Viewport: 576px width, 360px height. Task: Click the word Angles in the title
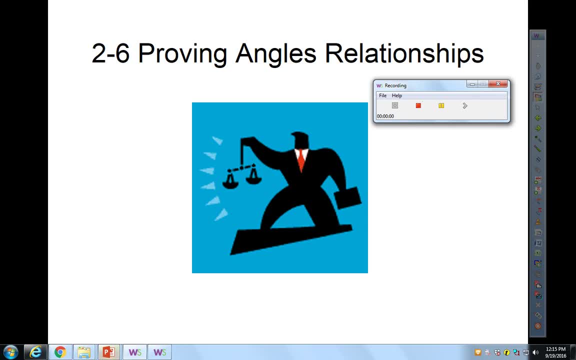tap(275, 53)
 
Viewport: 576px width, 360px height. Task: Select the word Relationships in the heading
tap(404, 53)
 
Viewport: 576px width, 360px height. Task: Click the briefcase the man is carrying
tap(348, 198)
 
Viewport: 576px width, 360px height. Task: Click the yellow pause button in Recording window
tap(441, 105)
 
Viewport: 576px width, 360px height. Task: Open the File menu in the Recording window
tap(382, 95)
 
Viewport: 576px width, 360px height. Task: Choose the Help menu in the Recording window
tap(396, 95)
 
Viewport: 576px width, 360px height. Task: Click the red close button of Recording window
tap(498, 84)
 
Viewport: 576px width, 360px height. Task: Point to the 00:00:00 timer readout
tap(385, 116)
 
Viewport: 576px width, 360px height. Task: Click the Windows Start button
tap(10, 352)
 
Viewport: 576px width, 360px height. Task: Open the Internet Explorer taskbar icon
tap(35, 352)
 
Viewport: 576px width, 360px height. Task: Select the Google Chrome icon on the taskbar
tap(60, 352)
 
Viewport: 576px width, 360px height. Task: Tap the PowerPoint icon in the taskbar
tap(108, 352)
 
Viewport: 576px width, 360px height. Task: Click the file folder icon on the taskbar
tap(84, 352)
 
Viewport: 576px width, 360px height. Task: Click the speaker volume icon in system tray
tap(535, 352)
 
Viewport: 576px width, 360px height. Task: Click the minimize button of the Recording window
tap(472, 84)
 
